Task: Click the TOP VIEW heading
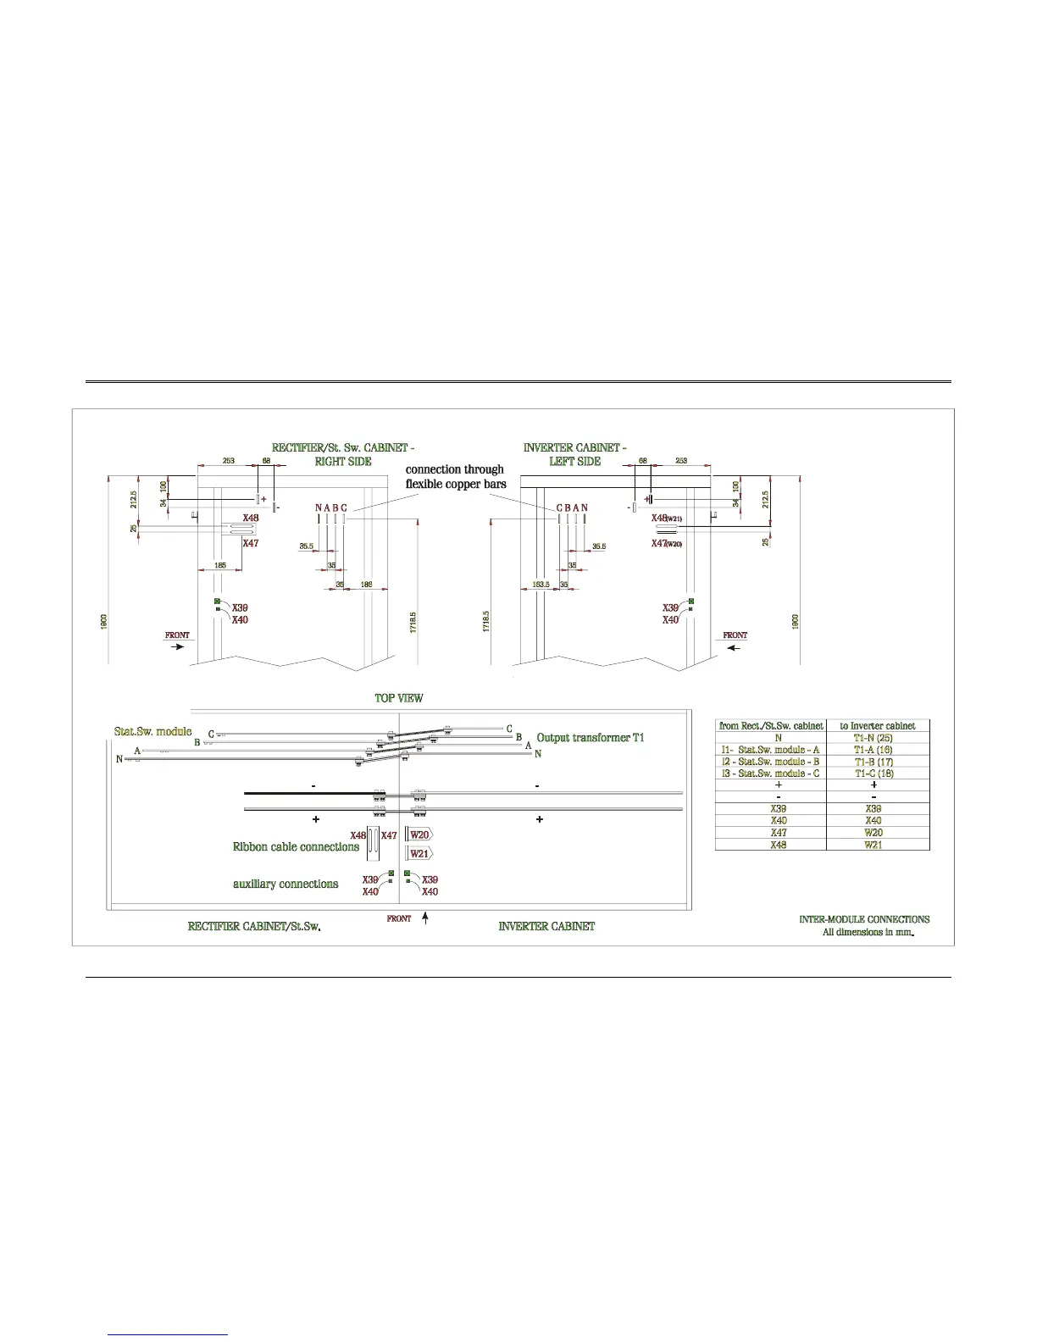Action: pos(399,698)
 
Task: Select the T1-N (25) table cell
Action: pos(873,738)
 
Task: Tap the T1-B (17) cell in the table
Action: pos(873,762)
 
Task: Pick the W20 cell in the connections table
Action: pos(873,833)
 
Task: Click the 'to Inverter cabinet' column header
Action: pos(877,726)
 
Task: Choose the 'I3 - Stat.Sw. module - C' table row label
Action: pos(770,774)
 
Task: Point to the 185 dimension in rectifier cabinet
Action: pos(219,564)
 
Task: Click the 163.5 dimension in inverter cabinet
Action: pos(540,584)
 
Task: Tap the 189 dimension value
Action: pos(367,584)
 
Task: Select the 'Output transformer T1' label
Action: pos(591,738)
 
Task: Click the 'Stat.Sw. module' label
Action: pos(152,730)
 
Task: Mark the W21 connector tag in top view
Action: pos(419,854)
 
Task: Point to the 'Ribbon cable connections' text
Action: pos(296,846)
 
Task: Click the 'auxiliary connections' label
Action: pos(286,884)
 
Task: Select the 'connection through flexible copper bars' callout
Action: pos(455,476)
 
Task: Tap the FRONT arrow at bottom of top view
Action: pos(425,918)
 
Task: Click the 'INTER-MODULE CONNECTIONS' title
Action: pos(864,919)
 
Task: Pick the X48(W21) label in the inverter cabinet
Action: pos(667,518)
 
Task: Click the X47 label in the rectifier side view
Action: pos(251,543)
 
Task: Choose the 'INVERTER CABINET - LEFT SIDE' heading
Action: pos(574,454)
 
